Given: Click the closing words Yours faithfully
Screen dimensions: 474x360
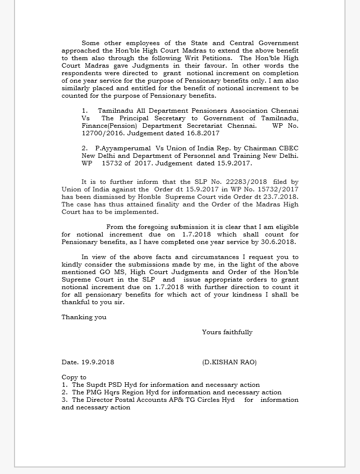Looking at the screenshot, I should (227, 332).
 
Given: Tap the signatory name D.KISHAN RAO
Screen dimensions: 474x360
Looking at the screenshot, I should (229, 362).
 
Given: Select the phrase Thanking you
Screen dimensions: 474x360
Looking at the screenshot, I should (84, 317).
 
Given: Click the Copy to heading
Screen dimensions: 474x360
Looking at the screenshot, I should (74, 377).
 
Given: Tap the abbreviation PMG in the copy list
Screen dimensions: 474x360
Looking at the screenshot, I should (80, 392).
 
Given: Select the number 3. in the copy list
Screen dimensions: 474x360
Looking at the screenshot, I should (65, 400).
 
